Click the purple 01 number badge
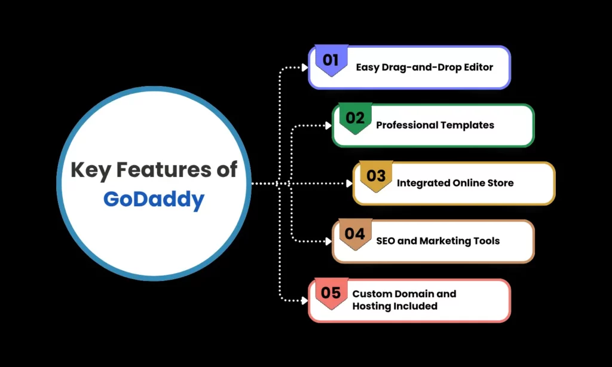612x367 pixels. pos(331,60)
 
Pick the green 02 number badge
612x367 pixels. pos(355,118)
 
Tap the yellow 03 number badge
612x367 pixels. pos(376,176)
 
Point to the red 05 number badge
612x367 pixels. pos(331,293)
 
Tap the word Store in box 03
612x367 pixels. pos(499,183)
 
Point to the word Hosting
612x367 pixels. pos(372,306)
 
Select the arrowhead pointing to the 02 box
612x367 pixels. pos(328,126)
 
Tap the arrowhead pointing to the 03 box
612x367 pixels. pos(349,183)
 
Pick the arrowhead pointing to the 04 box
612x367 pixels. pos(328,241)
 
